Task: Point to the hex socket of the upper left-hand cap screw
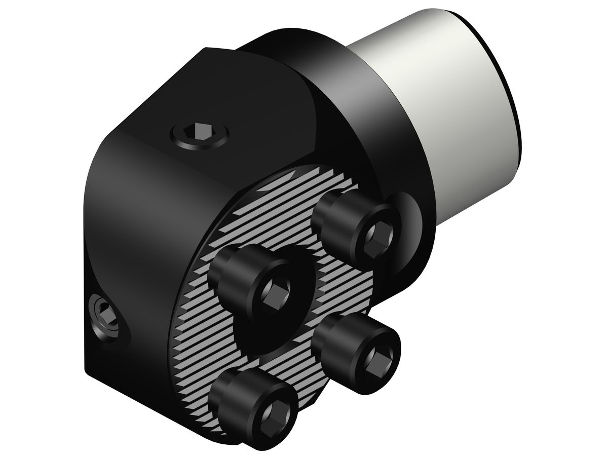point(275,291)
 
